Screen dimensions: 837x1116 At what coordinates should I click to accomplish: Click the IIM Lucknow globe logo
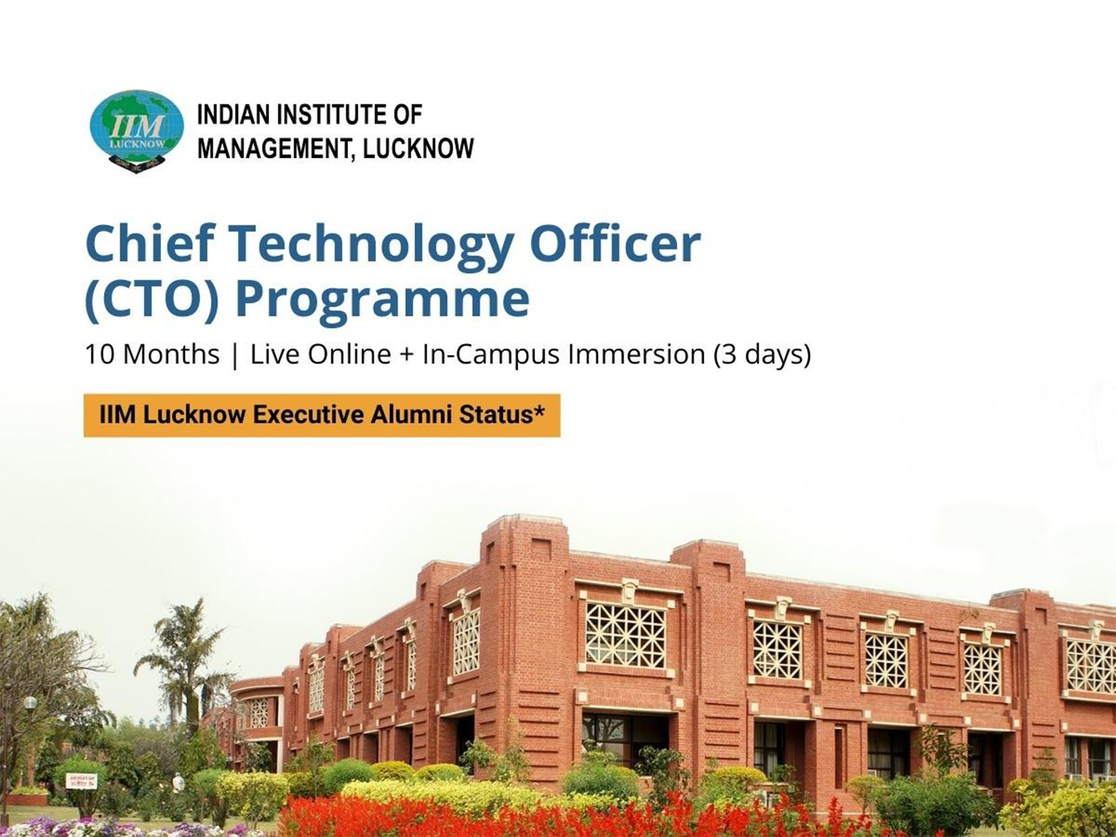tap(137, 130)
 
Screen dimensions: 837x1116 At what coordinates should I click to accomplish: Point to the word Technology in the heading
tap(371, 244)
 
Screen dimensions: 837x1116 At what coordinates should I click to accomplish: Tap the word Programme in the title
tap(382, 300)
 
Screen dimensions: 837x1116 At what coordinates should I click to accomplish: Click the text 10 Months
tap(152, 354)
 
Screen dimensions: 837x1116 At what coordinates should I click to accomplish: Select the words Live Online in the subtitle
tap(320, 354)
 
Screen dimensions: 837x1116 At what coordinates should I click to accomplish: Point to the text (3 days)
tap(762, 354)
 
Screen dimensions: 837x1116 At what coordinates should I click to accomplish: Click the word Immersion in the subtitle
tap(636, 354)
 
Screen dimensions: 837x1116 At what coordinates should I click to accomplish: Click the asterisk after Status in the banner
tap(539, 412)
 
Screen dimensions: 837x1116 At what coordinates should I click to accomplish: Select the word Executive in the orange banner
tap(308, 415)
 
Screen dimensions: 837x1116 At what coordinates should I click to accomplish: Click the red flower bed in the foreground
tap(488, 816)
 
